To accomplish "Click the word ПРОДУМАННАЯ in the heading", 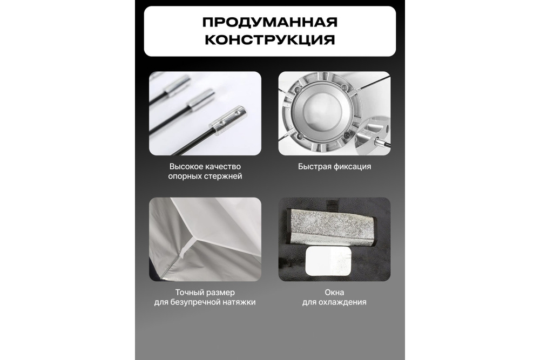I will point(269,23).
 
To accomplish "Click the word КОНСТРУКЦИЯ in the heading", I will point(269,40).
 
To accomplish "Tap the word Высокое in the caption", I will point(186,166).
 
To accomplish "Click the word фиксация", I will point(353,166).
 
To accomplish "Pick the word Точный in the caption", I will point(187,292).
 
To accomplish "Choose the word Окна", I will point(334,292).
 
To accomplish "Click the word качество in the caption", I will point(222,166).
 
